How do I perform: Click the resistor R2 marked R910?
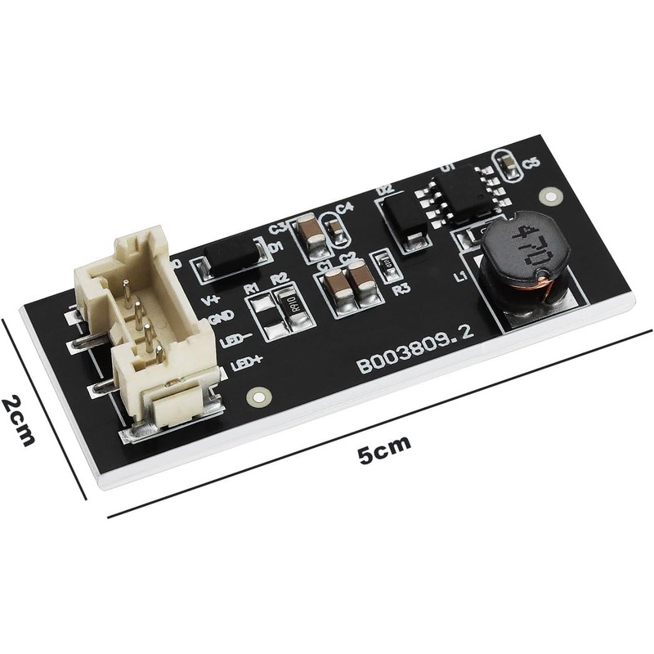(287, 309)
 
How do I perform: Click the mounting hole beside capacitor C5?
(553, 196)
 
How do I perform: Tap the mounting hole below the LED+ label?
(257, 395)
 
